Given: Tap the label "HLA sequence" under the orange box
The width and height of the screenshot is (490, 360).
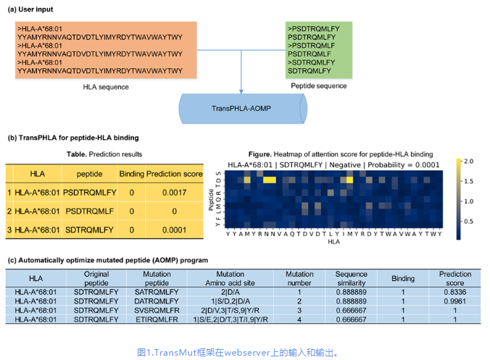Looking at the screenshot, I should (106, 87).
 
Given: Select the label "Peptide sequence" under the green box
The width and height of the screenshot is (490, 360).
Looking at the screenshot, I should (319, 86).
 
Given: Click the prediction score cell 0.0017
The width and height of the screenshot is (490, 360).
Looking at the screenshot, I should (174, 193).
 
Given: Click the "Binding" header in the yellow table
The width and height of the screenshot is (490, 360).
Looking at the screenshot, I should (131, 174).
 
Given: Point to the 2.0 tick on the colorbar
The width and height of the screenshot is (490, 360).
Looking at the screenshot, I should (469, 160).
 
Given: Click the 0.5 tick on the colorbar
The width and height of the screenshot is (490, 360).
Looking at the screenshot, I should (469, 221).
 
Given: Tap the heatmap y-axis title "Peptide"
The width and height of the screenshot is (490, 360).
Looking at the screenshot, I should (211, 198).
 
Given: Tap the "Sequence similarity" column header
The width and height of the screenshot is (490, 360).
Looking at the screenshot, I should (351, 279).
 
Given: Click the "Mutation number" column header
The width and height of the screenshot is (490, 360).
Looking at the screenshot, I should (299, 279).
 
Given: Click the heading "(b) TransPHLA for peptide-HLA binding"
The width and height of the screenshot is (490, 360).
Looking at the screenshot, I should (73, 138).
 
